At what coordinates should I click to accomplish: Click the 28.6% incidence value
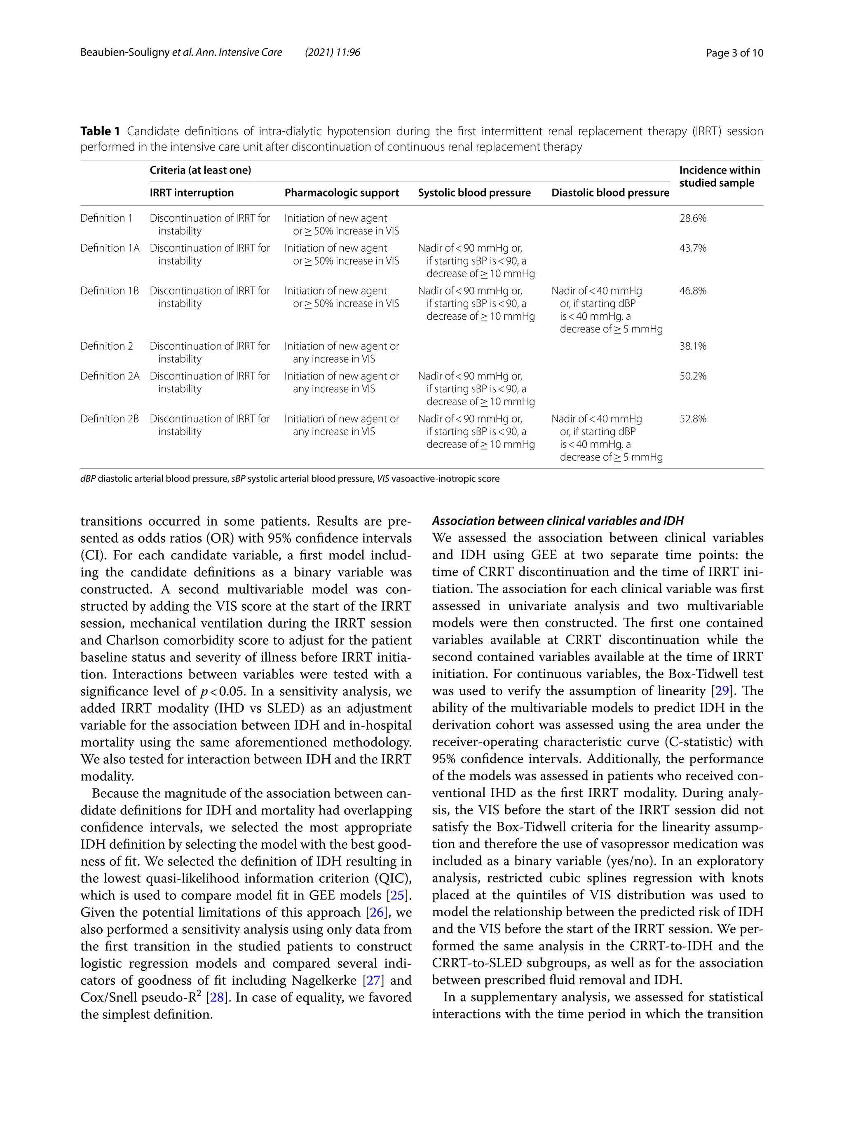[x=692, y=218]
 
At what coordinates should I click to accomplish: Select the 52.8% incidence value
[x=692, y=419]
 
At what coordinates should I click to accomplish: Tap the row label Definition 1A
[x=110, y=248]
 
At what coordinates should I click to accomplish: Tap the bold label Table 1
[x=100, y=131]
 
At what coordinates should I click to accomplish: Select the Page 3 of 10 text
[x=734, y=53]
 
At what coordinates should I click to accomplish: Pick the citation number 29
[x=720, y=691]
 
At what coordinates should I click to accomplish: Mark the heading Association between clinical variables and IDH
[x=558, y=521]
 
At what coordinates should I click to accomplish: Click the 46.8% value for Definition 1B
[x=692, y=290]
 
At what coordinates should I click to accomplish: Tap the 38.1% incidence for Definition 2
[x=692, y=346]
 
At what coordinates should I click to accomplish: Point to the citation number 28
[x=216, y=997]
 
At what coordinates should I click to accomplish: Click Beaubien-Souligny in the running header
[x=125, y=53]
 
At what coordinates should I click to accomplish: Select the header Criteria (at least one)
[x=200, y=170]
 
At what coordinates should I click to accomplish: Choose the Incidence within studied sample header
[x=719, y=176]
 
